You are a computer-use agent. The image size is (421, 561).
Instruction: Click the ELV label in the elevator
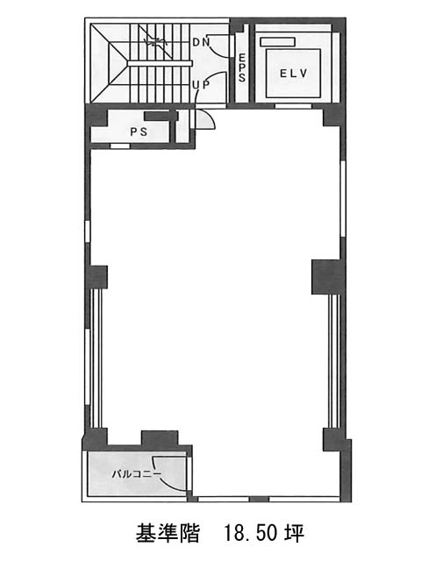click(x=293, y=74)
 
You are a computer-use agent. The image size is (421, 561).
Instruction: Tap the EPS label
click(x=242, y=67)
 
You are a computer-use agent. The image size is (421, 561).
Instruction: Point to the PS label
click(x=139, y=131)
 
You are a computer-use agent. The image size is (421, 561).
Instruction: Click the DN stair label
click(x=201, y=42)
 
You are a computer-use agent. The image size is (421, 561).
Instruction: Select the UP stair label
click(x=201, y=85)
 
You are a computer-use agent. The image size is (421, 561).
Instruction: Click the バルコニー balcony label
click(x=137, y=474)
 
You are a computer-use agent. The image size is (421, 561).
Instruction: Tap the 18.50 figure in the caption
click(x=250, y=534)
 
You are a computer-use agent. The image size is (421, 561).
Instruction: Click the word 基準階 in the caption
click(x=167, y=534)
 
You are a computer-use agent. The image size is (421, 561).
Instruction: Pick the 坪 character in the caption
click(x=295, y=534)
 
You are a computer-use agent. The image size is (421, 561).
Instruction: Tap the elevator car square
click(x=293, y=74)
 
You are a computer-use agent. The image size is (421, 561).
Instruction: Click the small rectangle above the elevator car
click(x=278, y=42)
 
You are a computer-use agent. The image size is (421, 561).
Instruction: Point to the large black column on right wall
click(x=325, y=277)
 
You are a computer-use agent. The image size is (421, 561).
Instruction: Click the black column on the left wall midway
click(x=96, y=277)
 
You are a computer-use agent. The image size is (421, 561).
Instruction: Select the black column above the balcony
click(x=160, y=438)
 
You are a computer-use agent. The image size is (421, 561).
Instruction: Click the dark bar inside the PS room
click(x=161, y=116)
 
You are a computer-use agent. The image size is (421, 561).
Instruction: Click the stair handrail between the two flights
click(x=160, y=64)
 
